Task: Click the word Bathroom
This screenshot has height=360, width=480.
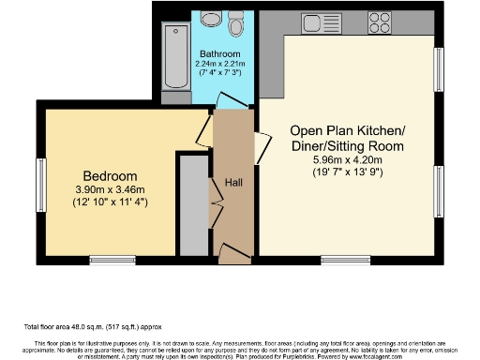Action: click(218, 53)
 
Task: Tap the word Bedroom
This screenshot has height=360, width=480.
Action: click(110, 176)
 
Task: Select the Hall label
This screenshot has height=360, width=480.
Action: click(233, 183)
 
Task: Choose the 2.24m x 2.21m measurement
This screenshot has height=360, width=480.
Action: click(218, 64)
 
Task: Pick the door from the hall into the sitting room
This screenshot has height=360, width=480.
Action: click(262, 146)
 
